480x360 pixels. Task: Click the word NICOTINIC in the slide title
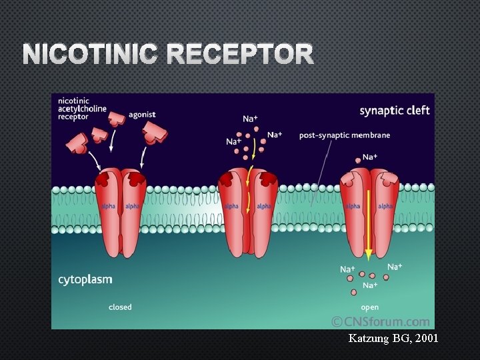point(90,55)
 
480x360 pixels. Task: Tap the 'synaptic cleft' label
point(395,110)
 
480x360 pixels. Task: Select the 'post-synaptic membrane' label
point(344,135)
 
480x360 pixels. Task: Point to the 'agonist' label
point(143,114)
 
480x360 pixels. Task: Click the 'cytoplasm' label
point(85,279)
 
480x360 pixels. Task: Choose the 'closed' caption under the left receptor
point(120,307)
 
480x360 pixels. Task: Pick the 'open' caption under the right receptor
point(369,307)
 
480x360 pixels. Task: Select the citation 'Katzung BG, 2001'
point(393,339)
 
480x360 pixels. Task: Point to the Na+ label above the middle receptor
point(250,119)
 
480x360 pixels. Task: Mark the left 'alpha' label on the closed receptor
point(108,206)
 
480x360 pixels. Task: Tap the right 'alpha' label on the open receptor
point(385,207)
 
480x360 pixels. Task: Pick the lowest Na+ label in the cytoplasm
point(369,285)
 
